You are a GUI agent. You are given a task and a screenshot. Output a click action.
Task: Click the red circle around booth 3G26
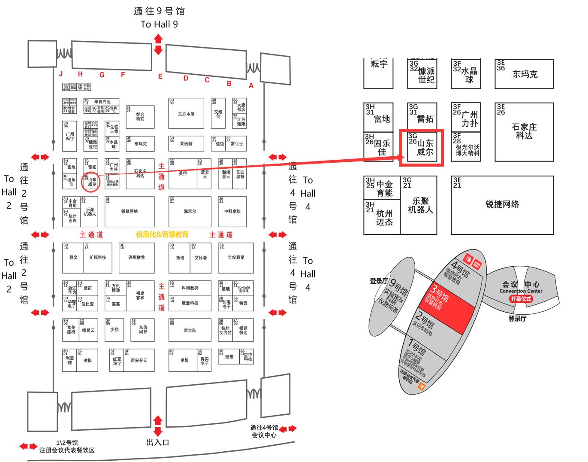tap(90, 182)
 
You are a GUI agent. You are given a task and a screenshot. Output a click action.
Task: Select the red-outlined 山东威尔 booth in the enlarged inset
tap(421, 148)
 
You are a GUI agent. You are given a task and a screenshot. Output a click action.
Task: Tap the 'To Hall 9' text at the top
tap(159, 24)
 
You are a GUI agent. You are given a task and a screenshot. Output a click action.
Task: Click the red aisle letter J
tap(61, 74)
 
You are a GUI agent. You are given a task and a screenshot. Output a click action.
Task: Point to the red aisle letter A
tap(251, 85)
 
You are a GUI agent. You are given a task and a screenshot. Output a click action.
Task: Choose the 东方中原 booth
tap(186, 114)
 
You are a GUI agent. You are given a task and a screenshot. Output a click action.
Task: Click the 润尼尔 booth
tap(190, 211)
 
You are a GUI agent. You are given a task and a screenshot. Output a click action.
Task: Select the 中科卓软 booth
tap(232, 211)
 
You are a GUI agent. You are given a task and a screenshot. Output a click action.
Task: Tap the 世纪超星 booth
tap(235, 258)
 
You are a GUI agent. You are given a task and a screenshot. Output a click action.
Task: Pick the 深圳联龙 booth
tap(136, 258)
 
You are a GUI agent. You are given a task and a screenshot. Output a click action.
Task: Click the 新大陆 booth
tap(190, 330)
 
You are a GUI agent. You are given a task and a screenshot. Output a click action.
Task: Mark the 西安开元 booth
tap(138, 360)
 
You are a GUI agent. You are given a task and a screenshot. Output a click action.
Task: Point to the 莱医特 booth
tap(186, 143)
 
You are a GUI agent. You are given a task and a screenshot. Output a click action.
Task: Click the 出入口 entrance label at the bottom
tap(158, 442)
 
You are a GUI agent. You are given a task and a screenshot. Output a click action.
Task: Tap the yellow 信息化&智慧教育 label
tap(162, 234)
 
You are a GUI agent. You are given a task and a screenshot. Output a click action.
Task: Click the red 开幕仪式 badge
tap(521, 298)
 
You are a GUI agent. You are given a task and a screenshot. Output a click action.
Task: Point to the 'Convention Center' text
tap(521, 291)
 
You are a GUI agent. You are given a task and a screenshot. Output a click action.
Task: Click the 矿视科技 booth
tap(97, 258)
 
